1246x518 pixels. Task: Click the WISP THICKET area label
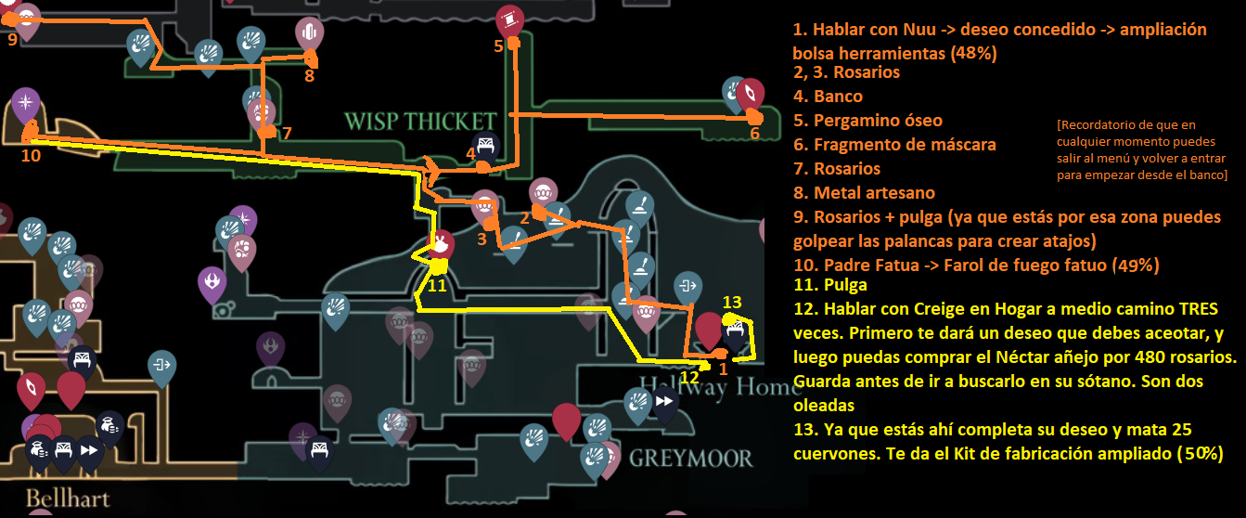click(419, 121)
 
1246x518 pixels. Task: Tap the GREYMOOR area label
click(690, 458)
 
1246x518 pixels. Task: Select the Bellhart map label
click(68, 498)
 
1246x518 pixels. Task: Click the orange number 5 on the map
click(498, 45)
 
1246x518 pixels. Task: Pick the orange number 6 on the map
click(753, 134)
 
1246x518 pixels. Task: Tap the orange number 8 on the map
click(309, 75)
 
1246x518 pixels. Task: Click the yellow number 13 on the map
click(732, 302)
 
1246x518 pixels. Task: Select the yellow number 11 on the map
click(437, 285)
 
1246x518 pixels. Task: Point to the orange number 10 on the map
click(31, 155)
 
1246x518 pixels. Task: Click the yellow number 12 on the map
click(688, 377)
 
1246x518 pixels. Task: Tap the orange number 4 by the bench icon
click(470, 153)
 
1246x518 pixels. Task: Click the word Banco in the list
click(838, 97)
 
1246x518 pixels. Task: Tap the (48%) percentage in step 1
click(973, 53)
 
